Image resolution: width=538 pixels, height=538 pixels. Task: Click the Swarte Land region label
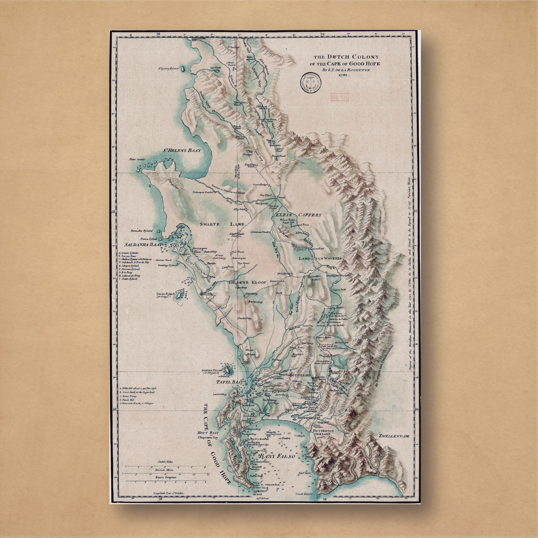[222, 224]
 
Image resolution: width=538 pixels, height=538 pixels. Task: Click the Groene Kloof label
[247, 282]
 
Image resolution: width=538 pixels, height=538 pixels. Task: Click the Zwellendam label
[394, 436]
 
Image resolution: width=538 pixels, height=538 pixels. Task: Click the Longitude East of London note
[169, 501]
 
